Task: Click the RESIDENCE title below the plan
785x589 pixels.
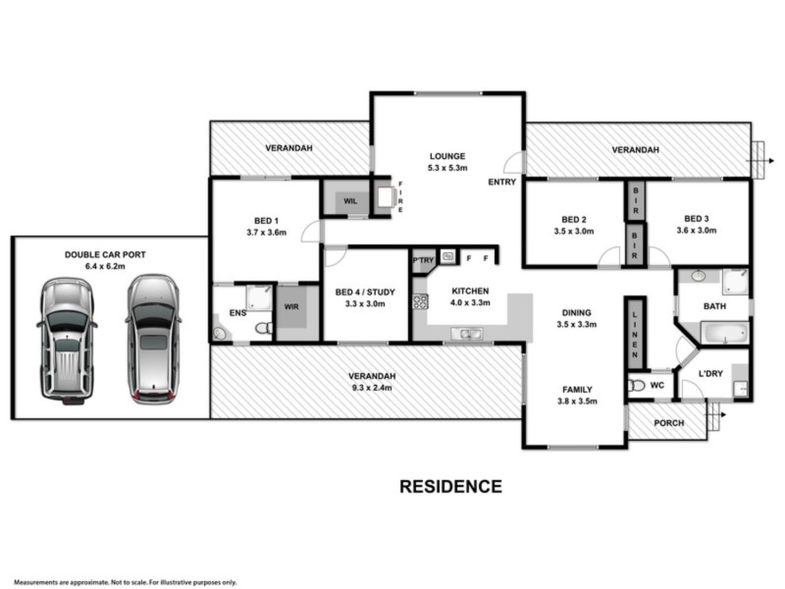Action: click(450, 486)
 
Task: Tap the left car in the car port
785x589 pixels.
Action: click(67, 340)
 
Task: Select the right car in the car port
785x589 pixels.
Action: click(152, 339)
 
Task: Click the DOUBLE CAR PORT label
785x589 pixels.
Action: click(105, 254)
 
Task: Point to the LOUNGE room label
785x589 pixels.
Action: click(446, 156)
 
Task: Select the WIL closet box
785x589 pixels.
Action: click(349, 200)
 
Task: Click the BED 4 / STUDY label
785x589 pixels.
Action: click(365, 292)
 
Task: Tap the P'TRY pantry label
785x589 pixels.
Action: click(423, 259)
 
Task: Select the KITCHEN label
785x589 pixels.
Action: click(470, 292)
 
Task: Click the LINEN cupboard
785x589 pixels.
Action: click(635, 330)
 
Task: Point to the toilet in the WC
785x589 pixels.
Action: click(636, 386)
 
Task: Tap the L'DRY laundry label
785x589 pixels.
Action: click(711, 374)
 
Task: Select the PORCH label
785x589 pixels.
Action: click(667, 424)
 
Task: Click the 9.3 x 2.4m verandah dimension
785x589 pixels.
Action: click(369, 389)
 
